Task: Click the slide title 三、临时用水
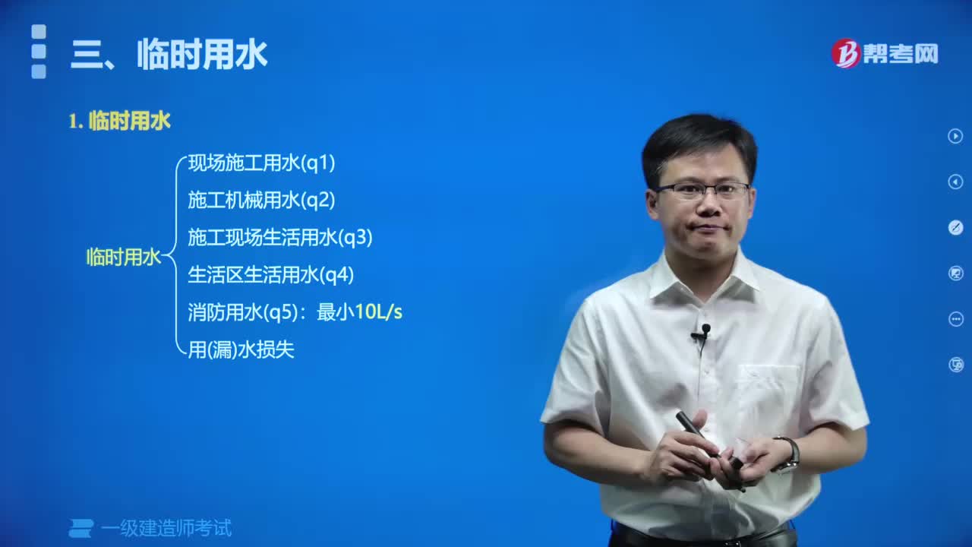click(x=169, y=55)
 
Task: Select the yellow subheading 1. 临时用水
click(x=119, y=121)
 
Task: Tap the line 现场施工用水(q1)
click(x=261, y=163)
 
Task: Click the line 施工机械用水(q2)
click(x=261, y=200)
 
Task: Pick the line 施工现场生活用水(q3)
click(x=279, y=238)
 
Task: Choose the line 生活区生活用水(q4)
click(x=270, y=275)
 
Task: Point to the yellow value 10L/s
click(x=378, y=312)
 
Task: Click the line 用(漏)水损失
click(x=241, y=349)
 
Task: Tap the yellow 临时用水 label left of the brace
click(x=123, y=257)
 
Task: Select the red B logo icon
click(x=845, y=53)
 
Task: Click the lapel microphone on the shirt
click(x=704, y=331)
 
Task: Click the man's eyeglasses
click(x=702, y=190)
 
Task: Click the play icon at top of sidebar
click(x=955, y=136)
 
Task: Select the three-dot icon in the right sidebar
click(x=955, y=319)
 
